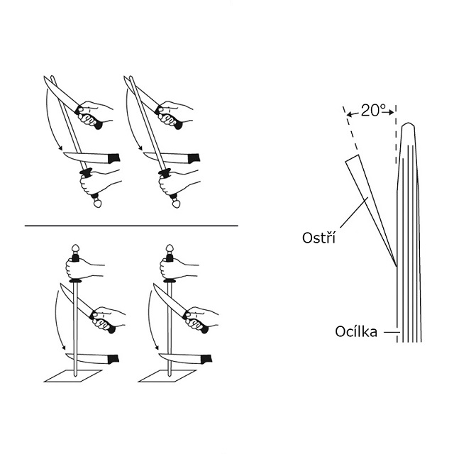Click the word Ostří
(x=319, y=238)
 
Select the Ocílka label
(x=356, y=331)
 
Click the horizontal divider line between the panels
(x=131, y=226)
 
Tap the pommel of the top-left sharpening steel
(x=98, y=204)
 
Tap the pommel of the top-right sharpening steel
(x=176, y=204)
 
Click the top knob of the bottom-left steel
(x=75, y=248)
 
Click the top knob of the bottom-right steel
(x=170, y=248)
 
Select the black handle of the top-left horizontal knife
(x=113, y=158)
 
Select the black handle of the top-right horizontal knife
(x=194, y=158)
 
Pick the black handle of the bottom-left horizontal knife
(x=113, y=360)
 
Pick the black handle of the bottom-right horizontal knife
(x=206, y=360)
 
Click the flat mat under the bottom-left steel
(x=73, y=376)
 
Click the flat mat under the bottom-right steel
(x=167, y=376)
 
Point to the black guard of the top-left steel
(x=86, y=172)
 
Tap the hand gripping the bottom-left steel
(x=84, y=269)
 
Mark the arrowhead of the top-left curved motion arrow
(x=60, y=148)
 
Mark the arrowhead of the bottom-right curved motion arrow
(x=157, y=348)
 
